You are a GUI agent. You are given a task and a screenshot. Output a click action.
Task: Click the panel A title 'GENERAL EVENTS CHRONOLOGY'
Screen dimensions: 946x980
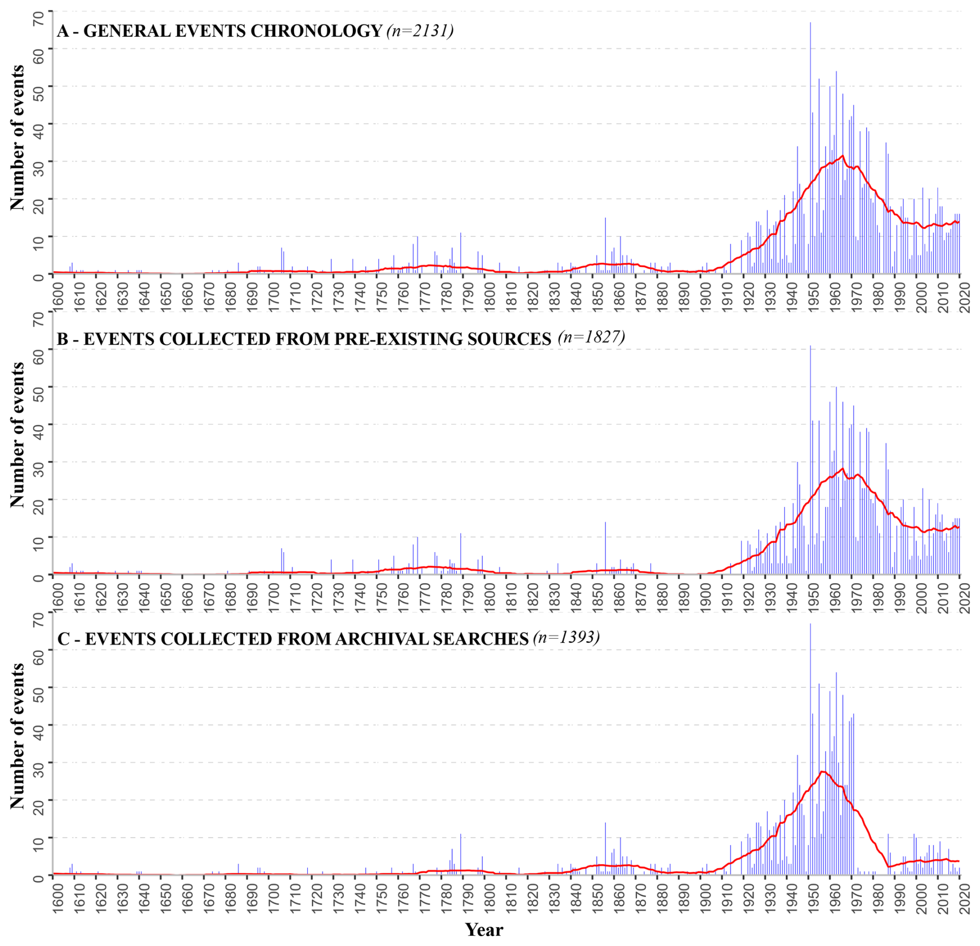coord(233,31)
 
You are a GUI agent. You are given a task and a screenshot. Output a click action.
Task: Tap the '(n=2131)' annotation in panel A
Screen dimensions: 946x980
coord(420,31)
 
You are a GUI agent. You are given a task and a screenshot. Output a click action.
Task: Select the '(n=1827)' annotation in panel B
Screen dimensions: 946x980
coord(592,337)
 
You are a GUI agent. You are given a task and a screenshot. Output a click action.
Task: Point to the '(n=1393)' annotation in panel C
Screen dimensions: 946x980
coord(566,637)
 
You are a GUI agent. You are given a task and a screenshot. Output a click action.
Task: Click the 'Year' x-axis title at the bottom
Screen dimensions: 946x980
coord(484,929)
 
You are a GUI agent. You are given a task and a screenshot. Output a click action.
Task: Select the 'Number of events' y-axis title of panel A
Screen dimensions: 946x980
coord(17,138)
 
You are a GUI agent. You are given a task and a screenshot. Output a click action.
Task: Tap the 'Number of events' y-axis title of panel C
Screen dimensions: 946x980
coord(17,736)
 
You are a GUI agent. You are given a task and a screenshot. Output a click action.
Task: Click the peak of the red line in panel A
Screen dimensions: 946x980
coord(843,156)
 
